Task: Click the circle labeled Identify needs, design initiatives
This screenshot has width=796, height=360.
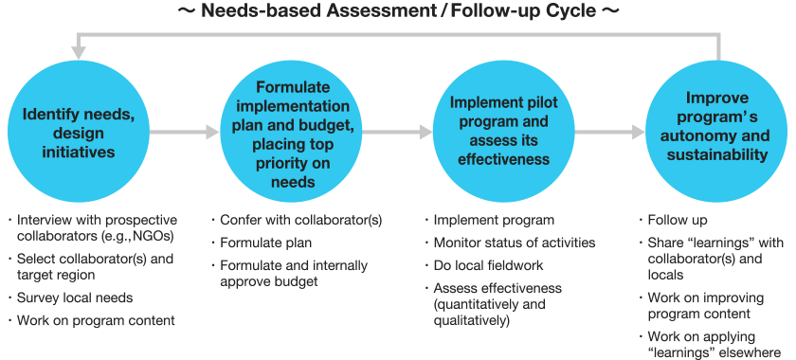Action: click(x=80, y=132)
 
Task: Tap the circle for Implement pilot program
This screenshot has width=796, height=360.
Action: click(x=499, y=132)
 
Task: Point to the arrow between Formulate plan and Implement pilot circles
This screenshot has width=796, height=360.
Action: click(x=393, y=133)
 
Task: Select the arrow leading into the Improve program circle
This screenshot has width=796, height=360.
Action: click(x=606, y=133)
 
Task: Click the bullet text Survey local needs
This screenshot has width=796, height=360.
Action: click(x=75, y=298)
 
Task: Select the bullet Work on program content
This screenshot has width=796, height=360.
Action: click(x=96, y=321)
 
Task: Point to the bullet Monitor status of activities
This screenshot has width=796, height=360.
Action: click(x=515, y=243)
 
